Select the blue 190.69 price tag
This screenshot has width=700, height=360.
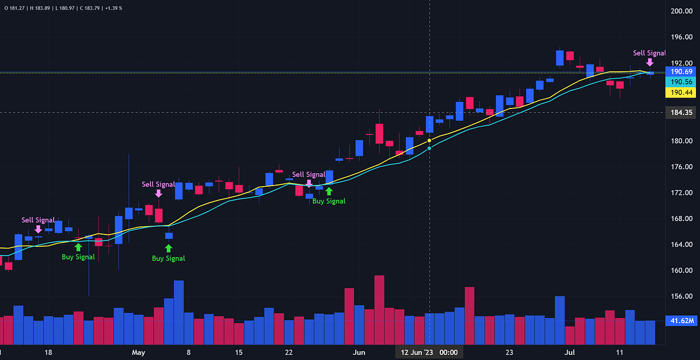680,72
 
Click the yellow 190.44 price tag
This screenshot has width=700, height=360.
680,93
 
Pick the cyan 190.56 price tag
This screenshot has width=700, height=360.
680,82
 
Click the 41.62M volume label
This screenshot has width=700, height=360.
680,320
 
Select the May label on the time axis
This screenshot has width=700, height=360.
138,352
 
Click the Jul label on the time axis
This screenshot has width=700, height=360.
570,352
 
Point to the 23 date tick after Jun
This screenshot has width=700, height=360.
509,352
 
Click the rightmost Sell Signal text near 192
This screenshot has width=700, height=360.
649,53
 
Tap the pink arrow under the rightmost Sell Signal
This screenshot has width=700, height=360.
650,62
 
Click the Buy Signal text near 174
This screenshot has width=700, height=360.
328,201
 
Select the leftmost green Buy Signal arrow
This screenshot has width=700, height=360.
78,247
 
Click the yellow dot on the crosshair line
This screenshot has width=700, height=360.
429,141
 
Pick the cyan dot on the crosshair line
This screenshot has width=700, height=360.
429,148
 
